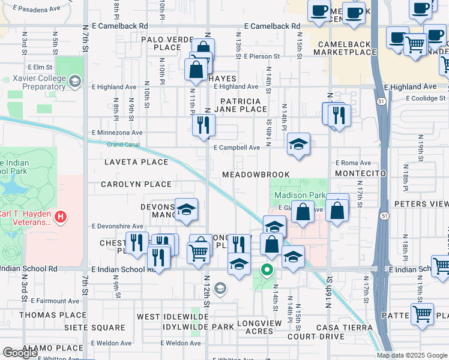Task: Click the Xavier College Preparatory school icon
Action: point(75,81)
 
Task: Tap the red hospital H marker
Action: point(60,217)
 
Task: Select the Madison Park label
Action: point(300,196)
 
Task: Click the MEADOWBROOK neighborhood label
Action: point(256,175)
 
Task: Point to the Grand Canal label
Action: point(123,145)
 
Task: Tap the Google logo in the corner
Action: point(19,353)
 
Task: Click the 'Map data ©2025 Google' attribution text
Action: point(412,355)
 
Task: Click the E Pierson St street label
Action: point(262,56)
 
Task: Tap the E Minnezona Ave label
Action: point(117,133)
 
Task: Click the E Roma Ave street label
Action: point(353,163)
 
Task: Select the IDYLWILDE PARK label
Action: point(198,327)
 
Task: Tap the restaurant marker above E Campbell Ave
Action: point(203,125)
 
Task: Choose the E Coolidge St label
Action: point(425,98)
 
